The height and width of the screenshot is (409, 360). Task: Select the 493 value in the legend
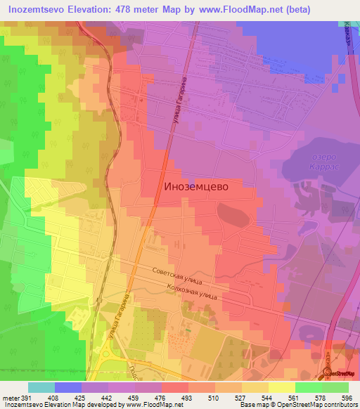pyautogui.click(x=187, y=398)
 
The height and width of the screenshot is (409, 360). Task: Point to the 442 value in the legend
pyautogui.click(x=107, y=398)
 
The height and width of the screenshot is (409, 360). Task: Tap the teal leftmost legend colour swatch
pyautogui.click(x=41, y=387)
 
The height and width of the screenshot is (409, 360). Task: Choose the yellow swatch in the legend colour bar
pyautogui.click(x=281, y=387)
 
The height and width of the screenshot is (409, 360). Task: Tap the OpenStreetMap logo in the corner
pyautogui.click(x=341, y=374)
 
